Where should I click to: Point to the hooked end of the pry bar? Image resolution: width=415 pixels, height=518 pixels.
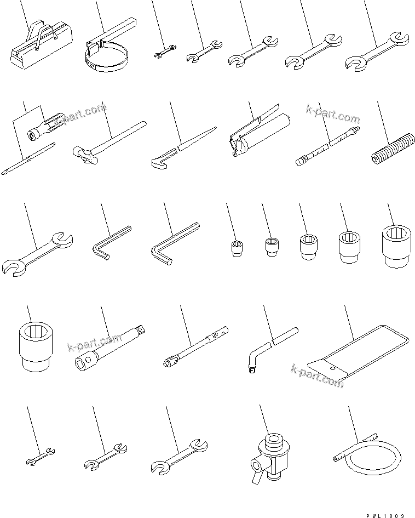click(158, 162)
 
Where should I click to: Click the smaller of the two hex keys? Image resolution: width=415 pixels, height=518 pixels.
click(110, 241)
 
